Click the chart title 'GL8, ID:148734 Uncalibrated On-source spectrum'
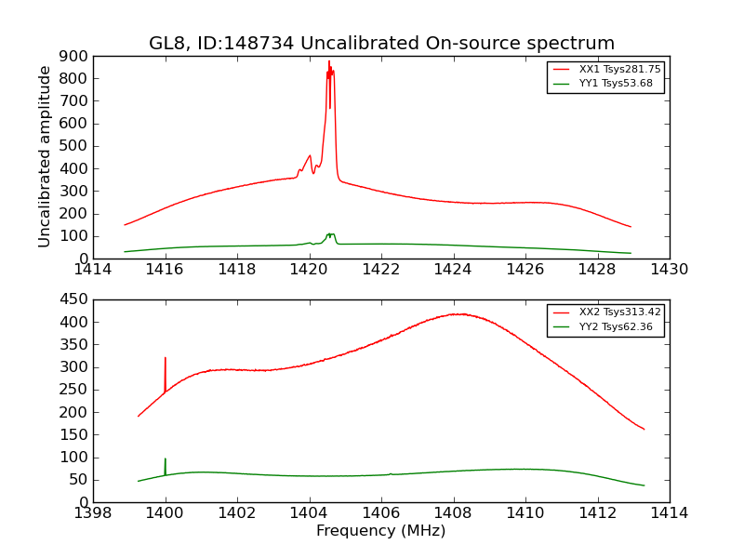pos(381,44)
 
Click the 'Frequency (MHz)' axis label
pos(381,531)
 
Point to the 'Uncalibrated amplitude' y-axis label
pos(45,156)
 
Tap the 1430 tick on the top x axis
pos(669,270)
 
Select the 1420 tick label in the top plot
pos(310,270)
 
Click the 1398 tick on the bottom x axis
pos(94,513)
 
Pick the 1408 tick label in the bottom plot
pos(453,513)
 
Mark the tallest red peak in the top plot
pos(328,62)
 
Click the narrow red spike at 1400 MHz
pos(166,359)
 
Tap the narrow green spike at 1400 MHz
pos(166,459)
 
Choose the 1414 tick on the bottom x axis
pos(669,513)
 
